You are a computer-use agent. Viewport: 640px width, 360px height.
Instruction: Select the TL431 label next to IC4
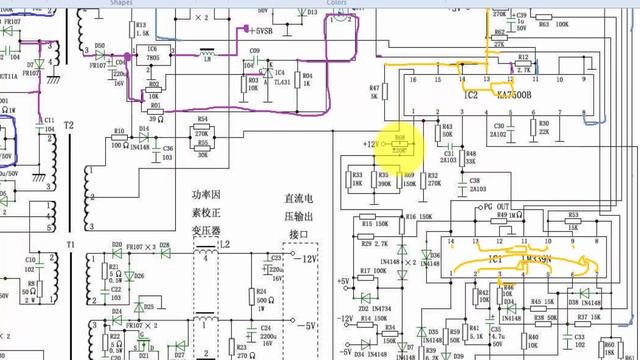[x=280, y=81]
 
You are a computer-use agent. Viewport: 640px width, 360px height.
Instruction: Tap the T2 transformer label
[x=68, y=127]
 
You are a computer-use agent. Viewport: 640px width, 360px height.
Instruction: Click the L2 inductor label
[x=224, y=244]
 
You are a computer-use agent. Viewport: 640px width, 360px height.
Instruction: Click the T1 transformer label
[x=69, y=244]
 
